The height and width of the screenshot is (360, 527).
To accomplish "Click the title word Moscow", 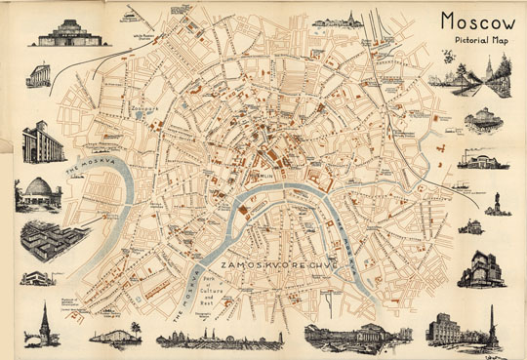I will point(477,20).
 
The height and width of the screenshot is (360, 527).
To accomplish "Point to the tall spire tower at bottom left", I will point(44,322).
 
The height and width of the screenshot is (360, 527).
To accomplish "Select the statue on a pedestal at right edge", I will point(497,203).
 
